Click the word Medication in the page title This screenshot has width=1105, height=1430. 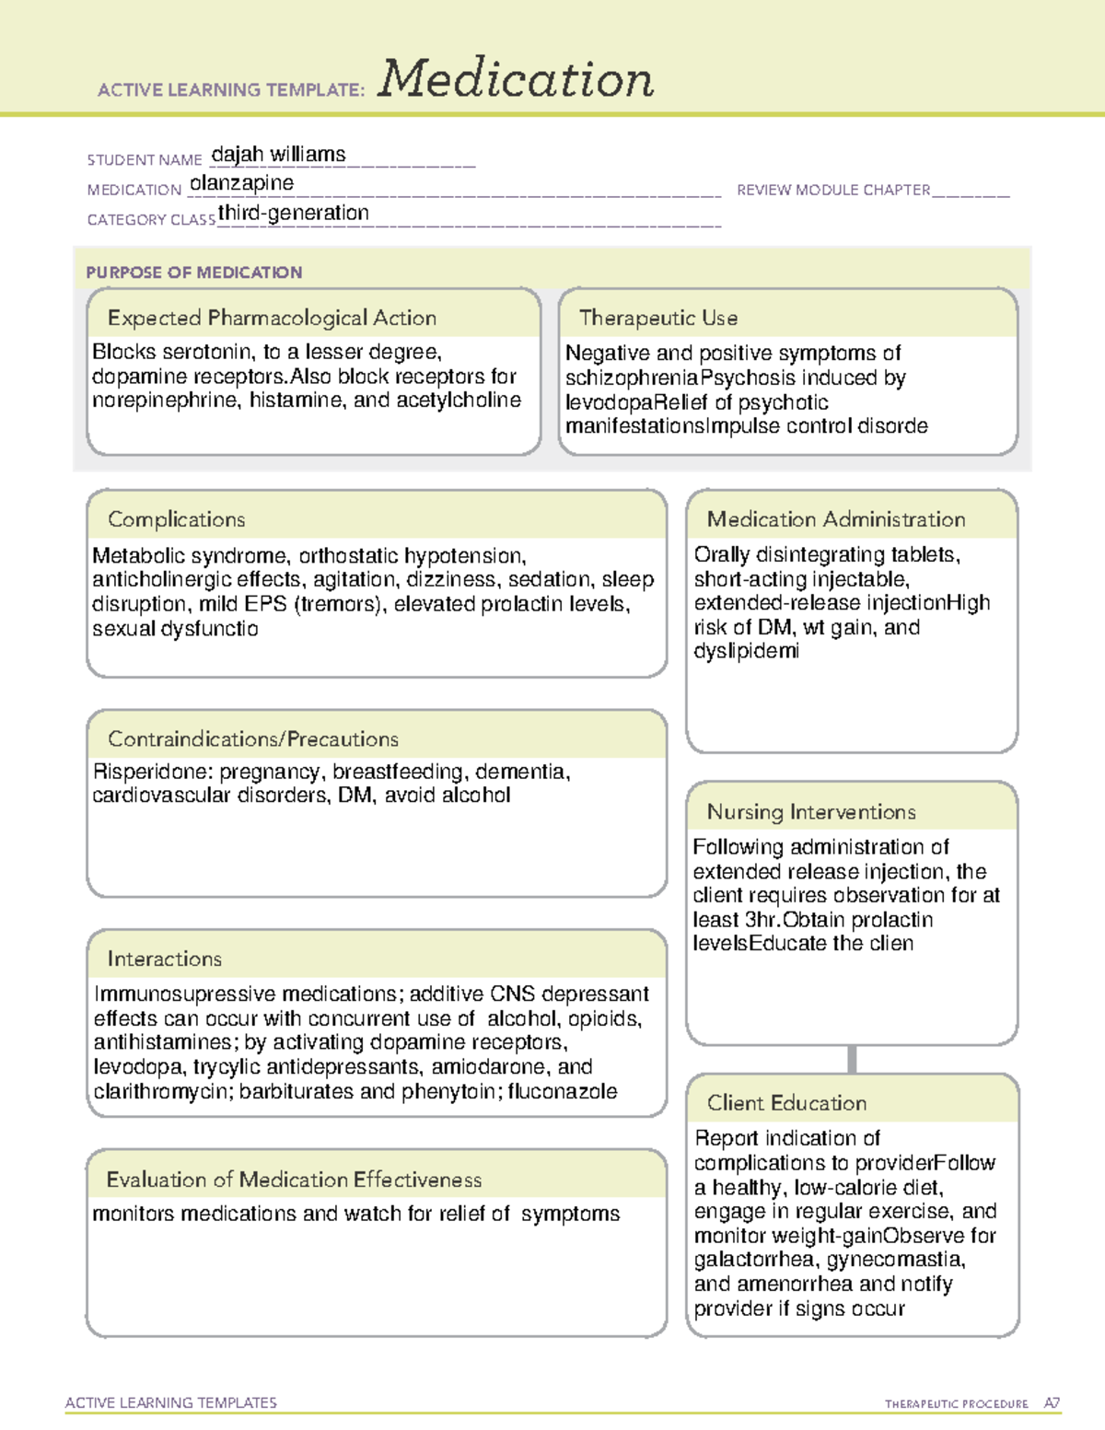coord(515,79)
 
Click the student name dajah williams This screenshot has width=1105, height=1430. coord(278,155)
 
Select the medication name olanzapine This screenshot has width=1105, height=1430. coord(241,183)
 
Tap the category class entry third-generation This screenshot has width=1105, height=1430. coord(293,213)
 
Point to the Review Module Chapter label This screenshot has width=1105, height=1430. coord(833,190)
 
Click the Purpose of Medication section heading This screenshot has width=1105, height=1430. coord(193,273)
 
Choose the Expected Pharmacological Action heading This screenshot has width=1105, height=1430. coord(272,318)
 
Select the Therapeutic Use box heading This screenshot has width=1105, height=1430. coord(657,318)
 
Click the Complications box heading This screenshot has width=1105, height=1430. coord(176,519)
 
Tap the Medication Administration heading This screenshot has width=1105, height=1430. coord(835,519)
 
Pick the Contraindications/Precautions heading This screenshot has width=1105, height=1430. coord(252,738)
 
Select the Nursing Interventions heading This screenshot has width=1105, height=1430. coord(810,811)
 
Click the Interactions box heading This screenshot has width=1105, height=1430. coord(164,959)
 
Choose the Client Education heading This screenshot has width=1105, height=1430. coord(786,1102)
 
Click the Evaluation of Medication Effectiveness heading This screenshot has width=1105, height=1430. coord(294,1180)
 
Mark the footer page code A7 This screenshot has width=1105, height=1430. coord(1052,1403)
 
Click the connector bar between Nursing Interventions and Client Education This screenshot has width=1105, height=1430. coord(852,1059)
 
